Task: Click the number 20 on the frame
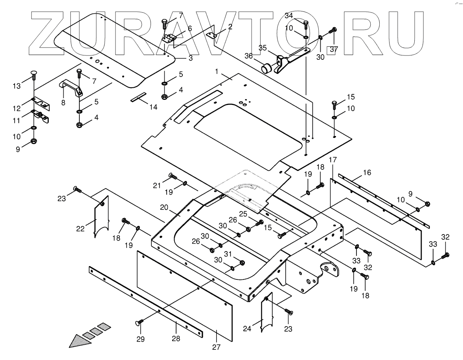(164, 208)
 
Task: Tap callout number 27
(217, 347)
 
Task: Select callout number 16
(367, 173)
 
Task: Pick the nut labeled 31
(242, 263)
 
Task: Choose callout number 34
(289, 16)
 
